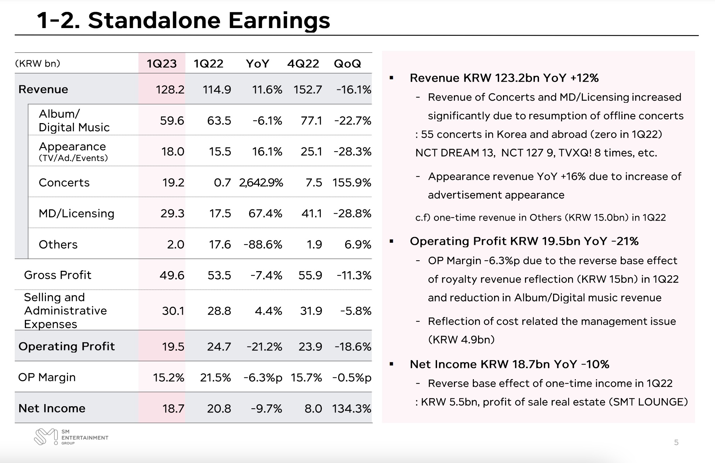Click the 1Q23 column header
[162, 63]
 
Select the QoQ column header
[347, 63]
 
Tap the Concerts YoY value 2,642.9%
[261, 182]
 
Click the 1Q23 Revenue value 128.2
[170, 89]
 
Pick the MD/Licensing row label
[76, 213]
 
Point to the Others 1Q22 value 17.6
[220, 244]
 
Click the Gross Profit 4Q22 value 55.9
[310, 275]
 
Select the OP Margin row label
[47, 377]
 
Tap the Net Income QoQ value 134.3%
[352, 408]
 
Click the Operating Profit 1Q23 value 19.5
[173, 347]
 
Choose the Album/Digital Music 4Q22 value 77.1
[311, 121]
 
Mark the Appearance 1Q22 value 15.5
[220, 152]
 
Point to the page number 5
[676, 442]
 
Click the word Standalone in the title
[154, 20]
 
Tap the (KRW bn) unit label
[38, 63]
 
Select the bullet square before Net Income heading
[391, 364]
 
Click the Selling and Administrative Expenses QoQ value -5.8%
[356, 311]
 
